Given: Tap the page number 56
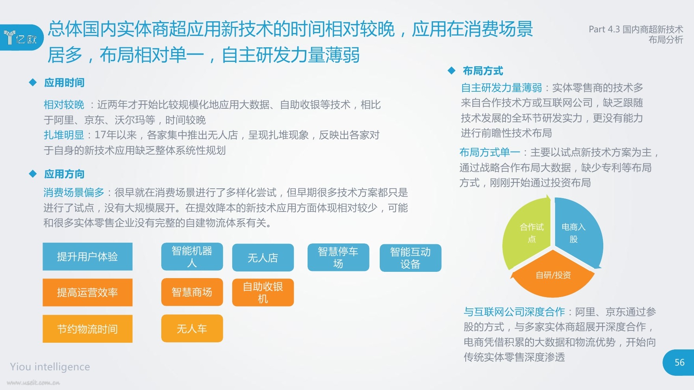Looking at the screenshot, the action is [x=679, y=362].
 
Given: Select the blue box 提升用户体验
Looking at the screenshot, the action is [x=88, y=256].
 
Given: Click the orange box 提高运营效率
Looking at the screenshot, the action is [x=88, y=292].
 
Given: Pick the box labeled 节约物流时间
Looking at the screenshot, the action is [x=88, y=329].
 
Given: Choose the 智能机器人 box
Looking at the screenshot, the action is [x=192, y=256].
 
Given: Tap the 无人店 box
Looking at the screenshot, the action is [x=263, y=258].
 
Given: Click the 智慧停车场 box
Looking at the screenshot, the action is [x=338, y=257].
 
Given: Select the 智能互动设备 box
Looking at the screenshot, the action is [x=410, y=258].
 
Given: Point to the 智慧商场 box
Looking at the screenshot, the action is [x=192, y=292].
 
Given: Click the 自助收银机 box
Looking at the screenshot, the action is [x=263, y=292].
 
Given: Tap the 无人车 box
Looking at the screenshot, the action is [x=192, y=328].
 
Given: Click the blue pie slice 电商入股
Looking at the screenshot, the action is [x=577, y=232].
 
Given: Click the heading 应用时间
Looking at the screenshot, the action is [x=64, y=83].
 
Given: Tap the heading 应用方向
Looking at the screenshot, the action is [x=64, y=174].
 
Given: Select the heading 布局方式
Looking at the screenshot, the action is [x=483, y=71].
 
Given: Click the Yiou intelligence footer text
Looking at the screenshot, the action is [x=50, y=367].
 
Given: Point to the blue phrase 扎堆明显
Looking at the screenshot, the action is [x=64, y=135].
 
